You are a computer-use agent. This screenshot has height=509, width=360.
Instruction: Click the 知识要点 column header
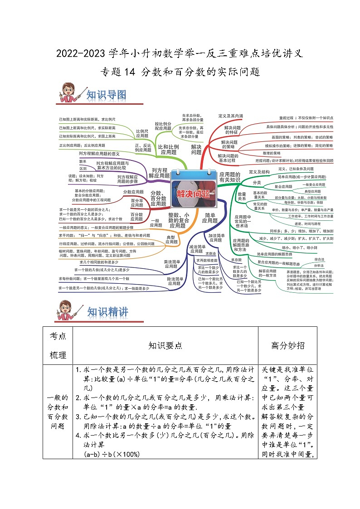[165, 345]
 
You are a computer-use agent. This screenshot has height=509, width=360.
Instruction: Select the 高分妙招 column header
[287, 345]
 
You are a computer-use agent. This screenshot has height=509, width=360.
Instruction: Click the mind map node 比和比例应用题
[168, 150]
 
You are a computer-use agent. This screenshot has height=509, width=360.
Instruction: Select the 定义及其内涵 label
[231, 116]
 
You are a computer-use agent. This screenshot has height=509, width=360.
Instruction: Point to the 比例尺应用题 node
[142, 133]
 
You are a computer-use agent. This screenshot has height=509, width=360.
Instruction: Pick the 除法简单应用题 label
[175, 282]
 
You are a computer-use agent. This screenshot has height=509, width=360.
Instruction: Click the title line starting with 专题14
[180, 72]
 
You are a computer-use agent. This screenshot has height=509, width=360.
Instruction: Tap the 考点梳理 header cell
[58, 345]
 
